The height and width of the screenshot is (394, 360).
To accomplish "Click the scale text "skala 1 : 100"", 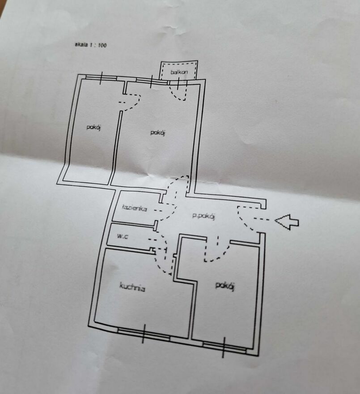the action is pyautogui.click(x=91, y=45).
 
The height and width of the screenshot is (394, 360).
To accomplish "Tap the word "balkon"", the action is pyautogui.click(x=179, y=73).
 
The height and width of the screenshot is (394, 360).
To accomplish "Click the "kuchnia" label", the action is pyautogui.click(x=132, y=287).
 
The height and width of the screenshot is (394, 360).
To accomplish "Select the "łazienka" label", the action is pyautogui.click(x=135, y=208).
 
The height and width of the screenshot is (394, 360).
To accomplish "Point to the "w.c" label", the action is pyautogui.click(x=122, y=236).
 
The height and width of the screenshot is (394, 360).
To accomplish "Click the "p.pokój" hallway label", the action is pyautogui.click(x=204, y=216).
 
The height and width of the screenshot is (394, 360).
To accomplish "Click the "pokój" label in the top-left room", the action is pyautogui.click(x=93, y=127).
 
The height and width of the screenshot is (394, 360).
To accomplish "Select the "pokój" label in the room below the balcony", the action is pyautogui.click(x=158, y=133).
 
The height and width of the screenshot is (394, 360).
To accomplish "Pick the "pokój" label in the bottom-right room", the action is pyautogui.click(x=225, y=286).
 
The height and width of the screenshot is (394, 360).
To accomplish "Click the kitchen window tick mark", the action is pyautogui.click(x=144, y=334).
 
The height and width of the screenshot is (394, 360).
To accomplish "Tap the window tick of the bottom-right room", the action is pyautogui.click(x=224, y=347).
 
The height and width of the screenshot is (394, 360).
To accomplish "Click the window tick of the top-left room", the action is pyautogui.click(x=101, y=78).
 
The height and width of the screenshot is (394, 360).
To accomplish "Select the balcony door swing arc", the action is pyautogui.click(x=174, y=95).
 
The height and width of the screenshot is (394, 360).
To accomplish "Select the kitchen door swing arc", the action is pyautogui.click(x=160, y=264).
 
